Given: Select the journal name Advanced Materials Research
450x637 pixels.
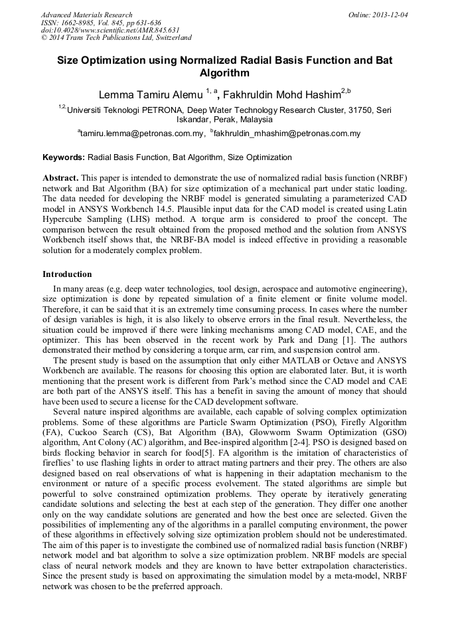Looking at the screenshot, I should point(87,15).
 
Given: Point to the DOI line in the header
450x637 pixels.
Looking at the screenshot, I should point(110,31).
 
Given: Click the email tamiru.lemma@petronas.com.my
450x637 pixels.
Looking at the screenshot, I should point(142,134).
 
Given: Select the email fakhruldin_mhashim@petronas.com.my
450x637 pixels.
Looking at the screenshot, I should point(287,134).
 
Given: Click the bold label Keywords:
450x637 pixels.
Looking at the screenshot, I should point(64,157).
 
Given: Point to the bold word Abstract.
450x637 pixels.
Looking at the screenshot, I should point(60,179).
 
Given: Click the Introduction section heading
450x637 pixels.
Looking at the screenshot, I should point(67,274).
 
